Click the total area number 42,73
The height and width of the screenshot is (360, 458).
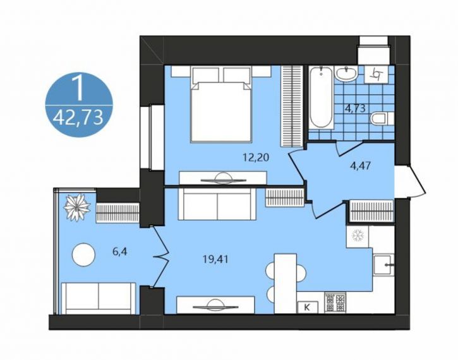pyautogui.click(x=79, y=118)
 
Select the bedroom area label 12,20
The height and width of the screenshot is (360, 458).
pyautogui.click(x=256, y=157)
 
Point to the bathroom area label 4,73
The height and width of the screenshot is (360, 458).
pyautogui.click(x=355, y=109)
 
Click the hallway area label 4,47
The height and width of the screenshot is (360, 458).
pyautogui.click(x=361, y=166)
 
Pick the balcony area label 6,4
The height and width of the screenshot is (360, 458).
pyautogui.click(x=120, y=251)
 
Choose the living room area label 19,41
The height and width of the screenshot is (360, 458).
pyautogui.click(x=215, y=259)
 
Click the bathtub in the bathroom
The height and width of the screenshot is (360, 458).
pyautogui.click(x=321, y=98)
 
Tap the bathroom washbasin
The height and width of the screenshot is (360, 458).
pyautogui.click(x=346, y=73)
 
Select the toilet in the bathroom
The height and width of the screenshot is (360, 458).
pyautogui.click(x=382, y=119)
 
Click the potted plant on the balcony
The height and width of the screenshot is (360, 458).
pyautogui.click(x=77, y=207)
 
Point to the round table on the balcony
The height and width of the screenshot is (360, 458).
pyautogui.click(x=83, y=255)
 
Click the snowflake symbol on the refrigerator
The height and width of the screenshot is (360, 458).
pyautogui.click(x=357, y=236)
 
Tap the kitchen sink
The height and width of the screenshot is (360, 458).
pyautogui.click(x=383, y=265)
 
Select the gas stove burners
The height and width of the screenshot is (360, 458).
pyautogui.click(x=335, y=303)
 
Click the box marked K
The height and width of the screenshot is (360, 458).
pyautogui.click(x=307, y=307)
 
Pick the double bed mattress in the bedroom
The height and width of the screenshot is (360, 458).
pyautogui.click(x=221, y=112)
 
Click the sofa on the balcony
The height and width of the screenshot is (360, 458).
pyautogui.click(x=98, y=298)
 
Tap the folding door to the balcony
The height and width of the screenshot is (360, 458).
pyautogui.click(x=160, y=257)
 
